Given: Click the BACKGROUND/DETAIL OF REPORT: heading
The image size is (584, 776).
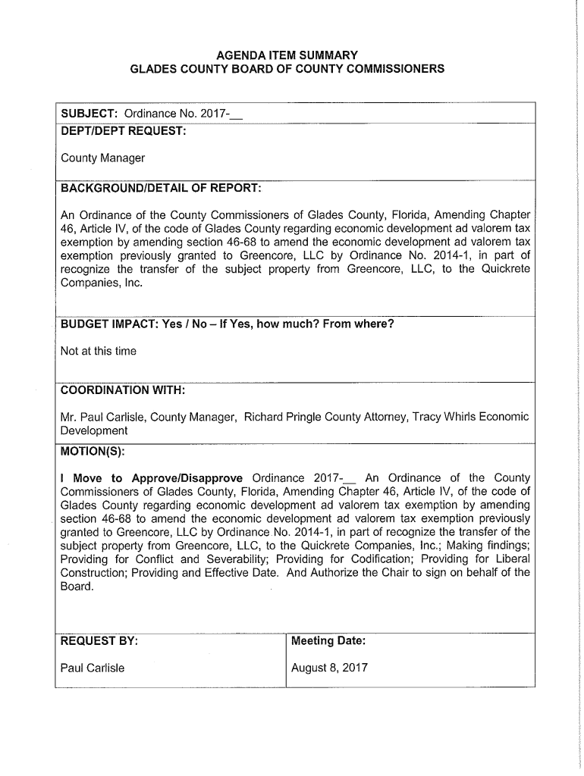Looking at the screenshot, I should [161, 187].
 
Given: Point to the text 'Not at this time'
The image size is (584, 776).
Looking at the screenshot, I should [99, 351].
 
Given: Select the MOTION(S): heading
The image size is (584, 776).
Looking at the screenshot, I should [93, 452].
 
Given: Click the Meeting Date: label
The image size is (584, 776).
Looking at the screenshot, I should [328, 641].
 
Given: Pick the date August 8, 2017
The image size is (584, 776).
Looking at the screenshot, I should [330, 668].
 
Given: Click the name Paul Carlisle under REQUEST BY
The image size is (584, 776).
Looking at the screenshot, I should [93, 668].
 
